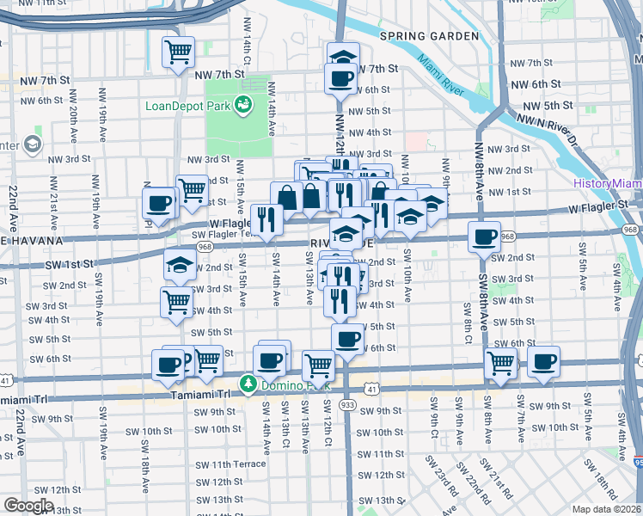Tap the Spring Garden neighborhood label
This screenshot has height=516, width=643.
point(429,36)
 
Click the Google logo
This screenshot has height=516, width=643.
point(28,506)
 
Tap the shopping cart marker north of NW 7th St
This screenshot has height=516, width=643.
point(179,53)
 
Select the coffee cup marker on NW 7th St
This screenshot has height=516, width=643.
point(341,78)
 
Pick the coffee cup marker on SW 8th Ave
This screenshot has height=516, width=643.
point(485,236)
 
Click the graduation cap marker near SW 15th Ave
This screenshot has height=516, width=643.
point(180,266)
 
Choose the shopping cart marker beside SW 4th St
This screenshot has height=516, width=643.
point(176,302)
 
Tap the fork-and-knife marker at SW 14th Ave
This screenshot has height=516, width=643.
point(266,219)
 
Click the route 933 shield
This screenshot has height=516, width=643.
point(347,404)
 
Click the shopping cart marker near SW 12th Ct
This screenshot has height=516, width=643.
point(319,365)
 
